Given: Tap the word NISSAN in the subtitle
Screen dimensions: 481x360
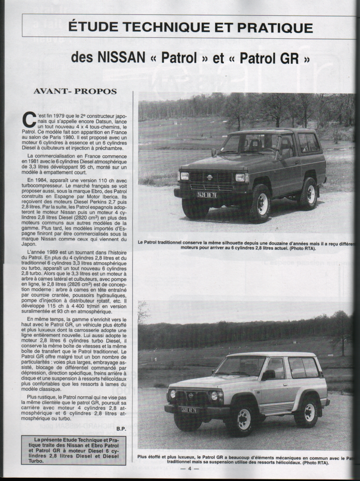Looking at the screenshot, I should tap(121, 58).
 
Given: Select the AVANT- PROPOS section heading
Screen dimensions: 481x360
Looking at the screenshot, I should tap(75, 91).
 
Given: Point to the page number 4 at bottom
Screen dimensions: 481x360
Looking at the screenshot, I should tap(190, 468).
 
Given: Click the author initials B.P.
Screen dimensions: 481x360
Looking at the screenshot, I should tap(120, 428).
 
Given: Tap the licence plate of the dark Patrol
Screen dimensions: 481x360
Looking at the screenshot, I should tap(207, 195).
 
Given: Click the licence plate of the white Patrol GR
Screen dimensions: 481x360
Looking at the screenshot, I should tap(189, 410).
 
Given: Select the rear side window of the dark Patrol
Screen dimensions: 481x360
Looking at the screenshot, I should tap(309, 143).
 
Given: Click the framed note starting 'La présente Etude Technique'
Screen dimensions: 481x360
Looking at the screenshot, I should tap(74, 450).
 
